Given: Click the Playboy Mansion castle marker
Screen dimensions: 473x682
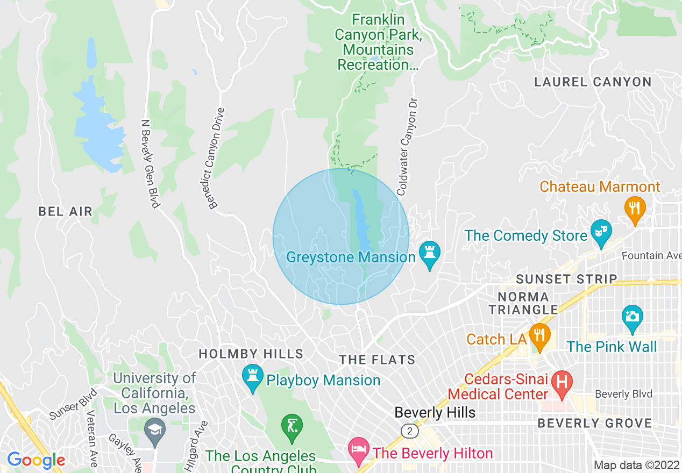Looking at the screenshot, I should tap(252, 378).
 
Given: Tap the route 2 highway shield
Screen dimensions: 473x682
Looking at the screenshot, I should tap(410, 431).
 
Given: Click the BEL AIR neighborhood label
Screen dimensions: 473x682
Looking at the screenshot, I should tap(66, 212).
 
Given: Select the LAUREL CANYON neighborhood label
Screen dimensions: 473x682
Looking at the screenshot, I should tap(593, 82).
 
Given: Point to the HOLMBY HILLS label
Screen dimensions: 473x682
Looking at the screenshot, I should tap(251, 354).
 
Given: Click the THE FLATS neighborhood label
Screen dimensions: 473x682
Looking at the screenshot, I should tap(377, 360).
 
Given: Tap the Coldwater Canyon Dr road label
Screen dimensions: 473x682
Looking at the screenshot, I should tap(407, 146).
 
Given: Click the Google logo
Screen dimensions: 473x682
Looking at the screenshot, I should tap(36, 460).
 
